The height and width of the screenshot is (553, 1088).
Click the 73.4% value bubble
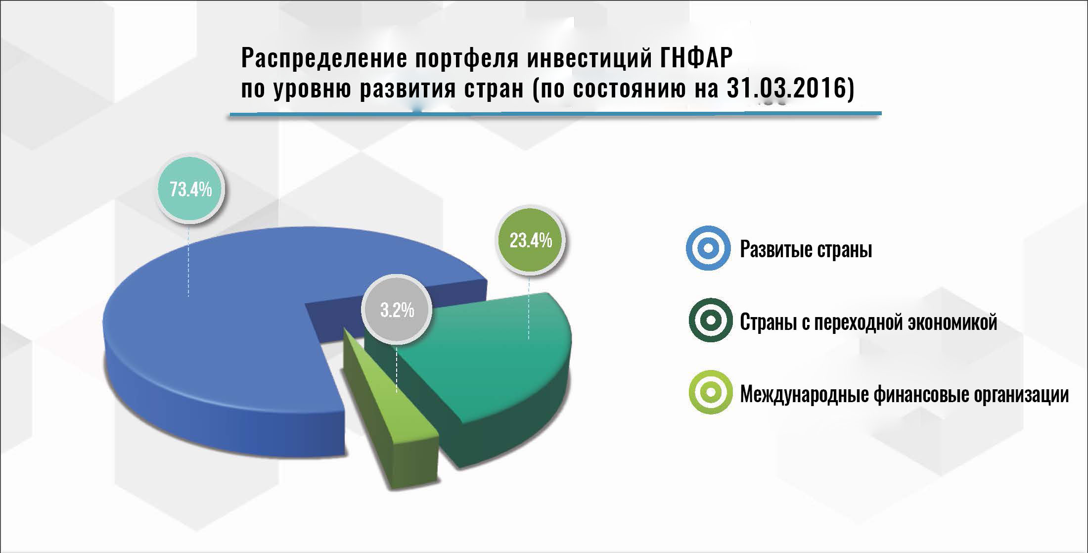[190, 189]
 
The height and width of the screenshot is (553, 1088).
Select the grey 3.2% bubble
[397, 310]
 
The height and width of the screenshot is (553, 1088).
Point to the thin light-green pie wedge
[391, 415]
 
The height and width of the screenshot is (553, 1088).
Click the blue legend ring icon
[708, 249]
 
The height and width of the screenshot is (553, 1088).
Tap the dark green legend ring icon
[710, 321]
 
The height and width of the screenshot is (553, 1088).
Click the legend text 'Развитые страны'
[806, 250]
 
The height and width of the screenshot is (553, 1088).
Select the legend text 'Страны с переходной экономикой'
[869, 322]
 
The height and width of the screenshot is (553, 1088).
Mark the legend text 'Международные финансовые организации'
[905, 394]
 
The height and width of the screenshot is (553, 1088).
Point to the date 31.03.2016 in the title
[788, 91]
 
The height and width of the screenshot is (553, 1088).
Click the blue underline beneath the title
[555, 115]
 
